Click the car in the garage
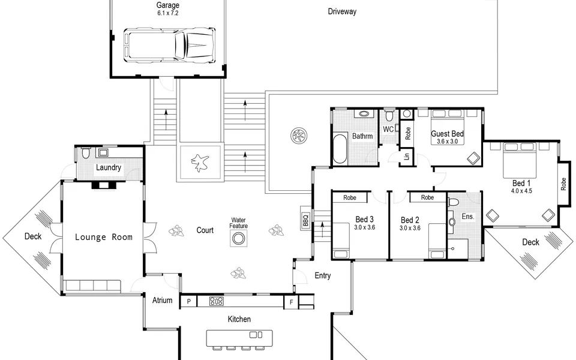tap(170, 45)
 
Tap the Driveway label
tap(342, 11)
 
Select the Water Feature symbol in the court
tap(238, 239)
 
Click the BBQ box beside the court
tap(305, 220)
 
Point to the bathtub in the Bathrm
tap(340, 149)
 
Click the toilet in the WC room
tap(389, 116)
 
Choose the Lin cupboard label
tap(406, 157)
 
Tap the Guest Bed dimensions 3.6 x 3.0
tap(447, 142)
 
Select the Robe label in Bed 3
tap(350, 197)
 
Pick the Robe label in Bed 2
tap(427, 197)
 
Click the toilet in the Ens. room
tap(454, 202)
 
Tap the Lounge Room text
tap(104, 238)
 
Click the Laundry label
tap(109, 167)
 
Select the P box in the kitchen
tap(189, 302)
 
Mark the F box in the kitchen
tap(292, 302)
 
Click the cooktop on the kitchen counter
tap(217, 301)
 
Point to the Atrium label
tap(163, 301)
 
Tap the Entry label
tap(323, 275)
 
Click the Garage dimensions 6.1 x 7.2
tap(168, 13)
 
